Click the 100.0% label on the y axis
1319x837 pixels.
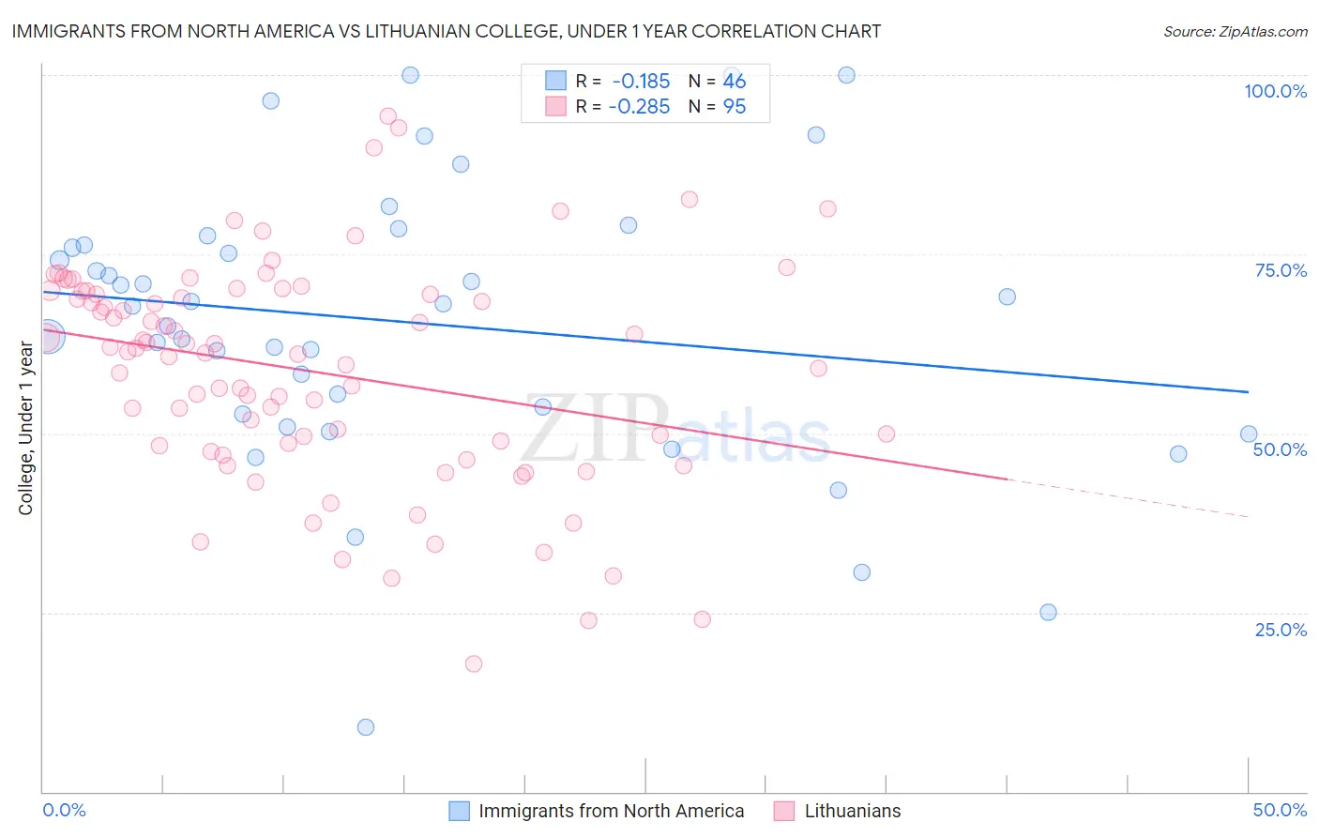1275,91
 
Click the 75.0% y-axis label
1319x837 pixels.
1281,270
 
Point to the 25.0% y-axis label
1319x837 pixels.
1281,630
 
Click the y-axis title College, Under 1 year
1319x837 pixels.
25,428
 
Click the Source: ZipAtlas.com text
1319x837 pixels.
1235,32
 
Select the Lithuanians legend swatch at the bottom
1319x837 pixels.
784,812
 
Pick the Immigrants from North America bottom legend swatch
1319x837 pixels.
459,812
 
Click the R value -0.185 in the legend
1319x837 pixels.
641,81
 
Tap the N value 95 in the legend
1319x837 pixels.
735,107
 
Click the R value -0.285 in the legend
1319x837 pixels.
639,107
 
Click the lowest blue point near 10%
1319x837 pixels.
366,727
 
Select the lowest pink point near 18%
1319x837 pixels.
474,663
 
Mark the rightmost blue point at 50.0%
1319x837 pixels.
1249,434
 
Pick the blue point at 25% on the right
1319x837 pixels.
1048,612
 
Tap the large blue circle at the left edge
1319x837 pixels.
48,336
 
